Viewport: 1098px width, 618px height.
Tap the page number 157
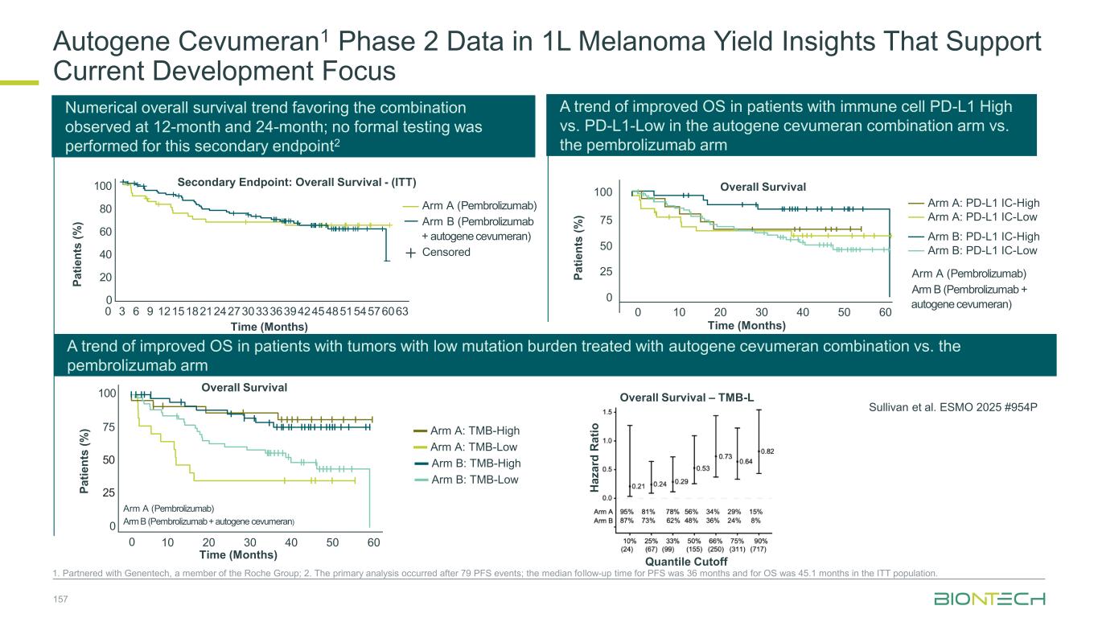[60, 599]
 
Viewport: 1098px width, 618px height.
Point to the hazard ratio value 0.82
[767, 451]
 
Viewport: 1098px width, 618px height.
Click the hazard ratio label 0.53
[702, 468]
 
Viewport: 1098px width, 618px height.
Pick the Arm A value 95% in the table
[627, 511]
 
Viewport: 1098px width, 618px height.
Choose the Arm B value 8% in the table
[756, 521]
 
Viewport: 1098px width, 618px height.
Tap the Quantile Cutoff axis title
[686, 561]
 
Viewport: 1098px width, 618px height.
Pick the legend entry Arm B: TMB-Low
[475, 480]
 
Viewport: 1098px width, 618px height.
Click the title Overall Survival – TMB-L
[686, 397]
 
